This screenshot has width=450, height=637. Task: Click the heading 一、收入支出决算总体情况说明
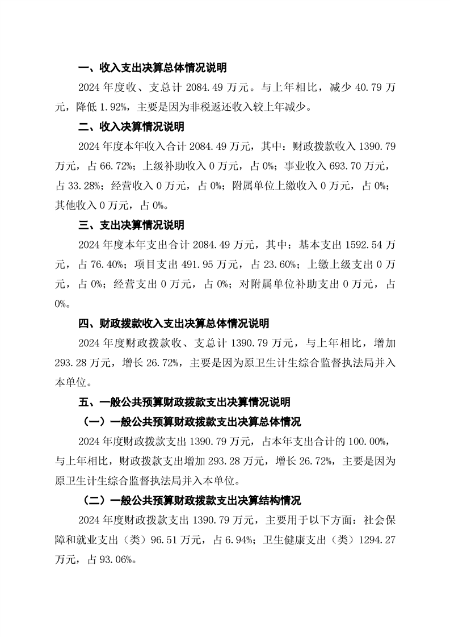(x=152, y=68)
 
